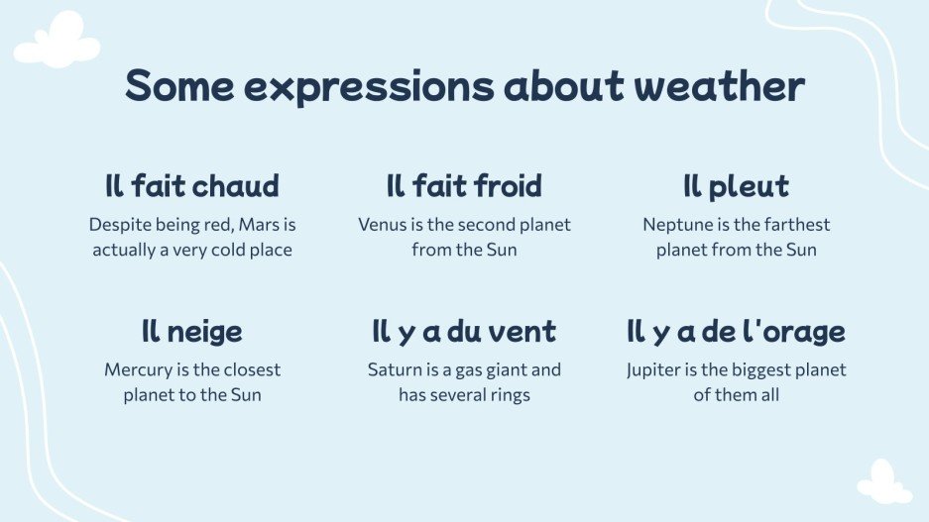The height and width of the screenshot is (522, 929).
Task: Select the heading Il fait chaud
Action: click(191, 185)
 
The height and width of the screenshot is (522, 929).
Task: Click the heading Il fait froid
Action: click(464, 185)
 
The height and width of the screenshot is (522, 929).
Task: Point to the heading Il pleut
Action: click(736, 185)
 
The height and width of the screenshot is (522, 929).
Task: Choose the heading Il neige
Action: click(191, 331)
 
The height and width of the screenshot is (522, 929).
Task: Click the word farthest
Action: click(795, 225)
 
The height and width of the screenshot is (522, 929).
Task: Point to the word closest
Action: click(248, 370)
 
